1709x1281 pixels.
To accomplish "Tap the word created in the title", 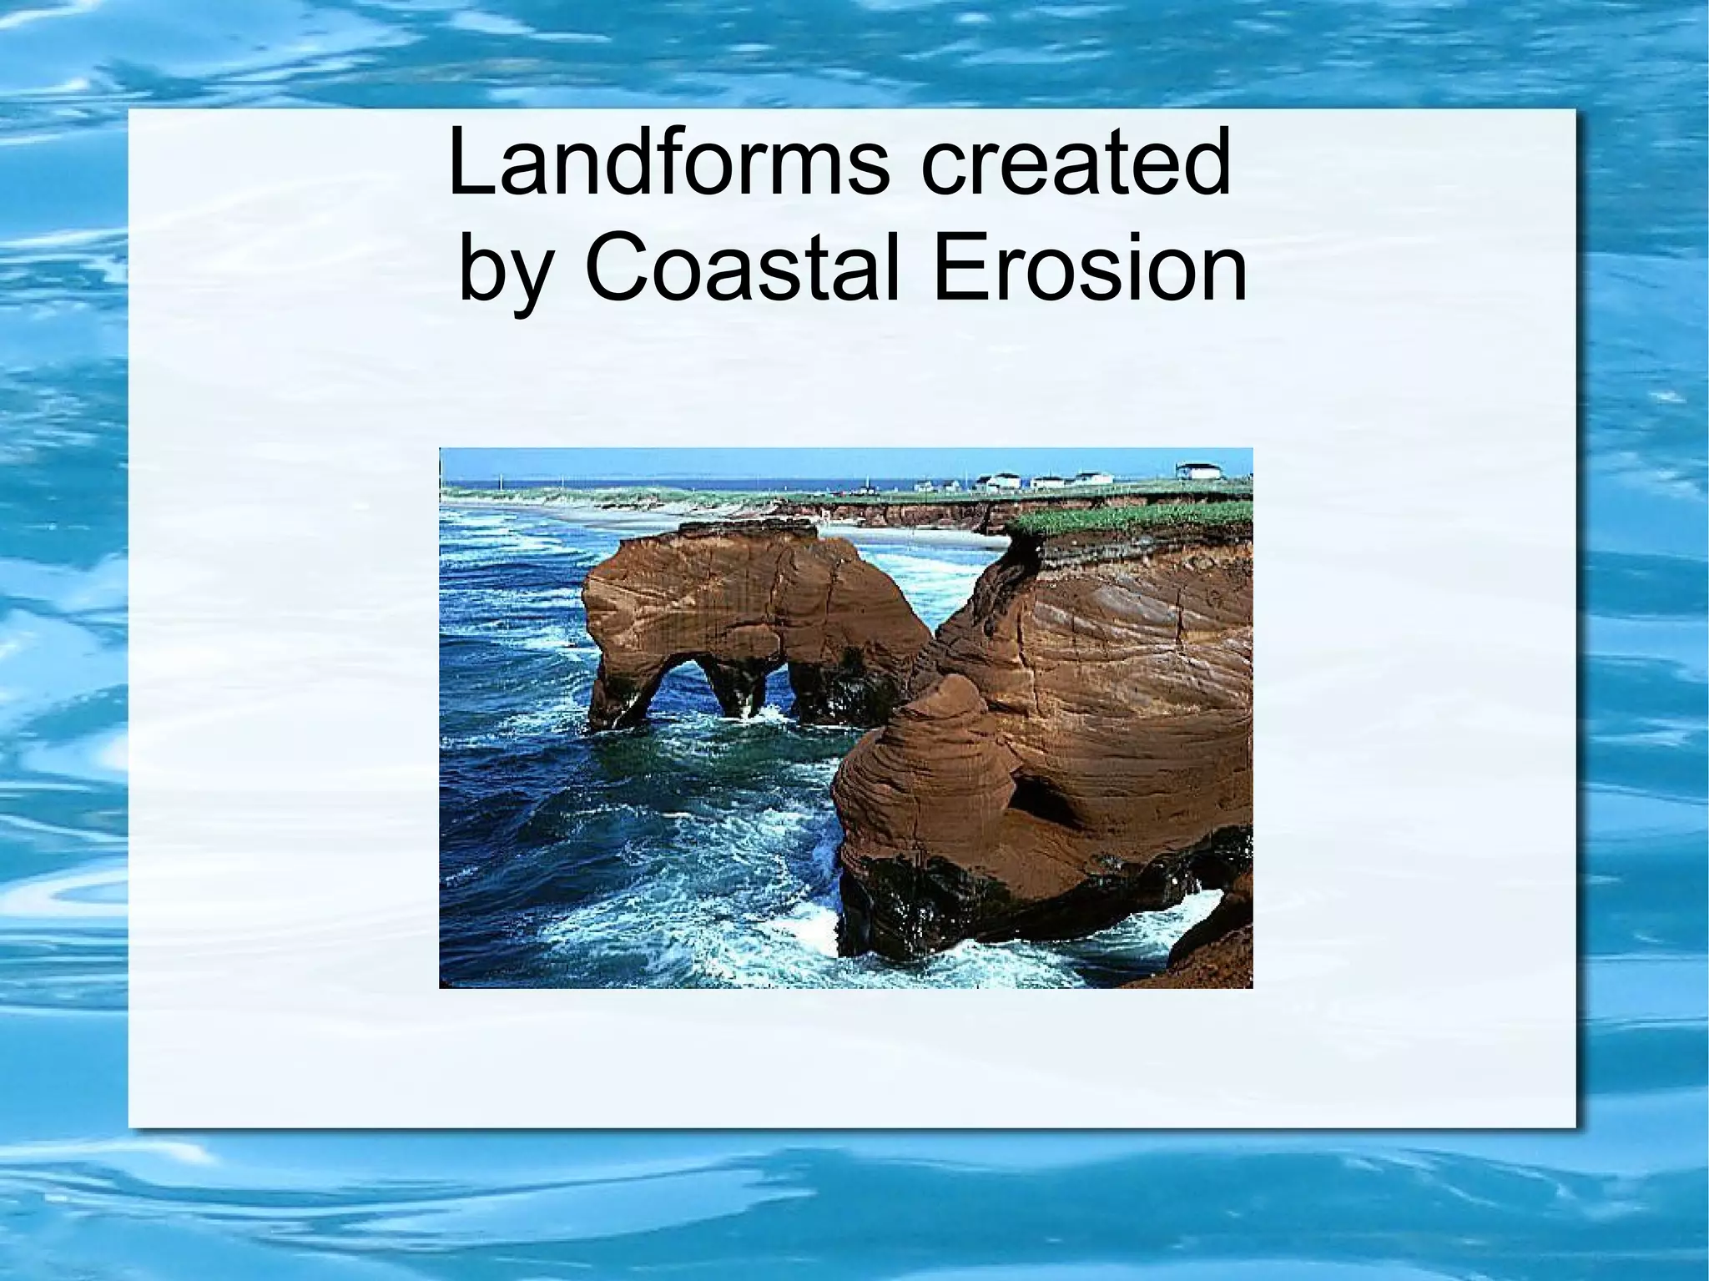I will (x=1076, y=163).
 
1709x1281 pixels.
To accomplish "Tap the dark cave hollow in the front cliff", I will (x=1043, y=801).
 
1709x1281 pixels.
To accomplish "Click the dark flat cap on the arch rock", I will (x=748, y=528).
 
